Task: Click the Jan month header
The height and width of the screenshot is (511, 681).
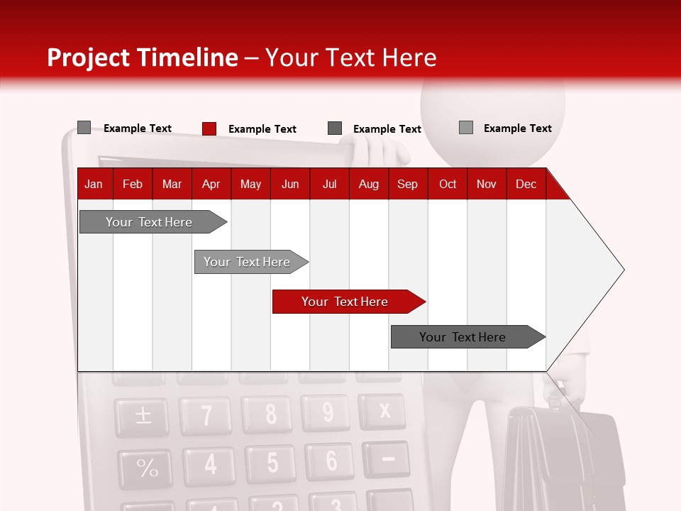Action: [94, 184]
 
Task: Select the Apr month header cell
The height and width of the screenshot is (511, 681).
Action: [211, 184]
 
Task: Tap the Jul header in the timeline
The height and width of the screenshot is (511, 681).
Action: [329, 184]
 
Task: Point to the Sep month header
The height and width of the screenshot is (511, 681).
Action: [407, 184]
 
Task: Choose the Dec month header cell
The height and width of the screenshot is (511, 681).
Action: [526, 184]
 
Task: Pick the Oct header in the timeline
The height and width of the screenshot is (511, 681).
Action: [448, 184]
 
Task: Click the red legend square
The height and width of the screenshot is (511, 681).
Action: [209, 128]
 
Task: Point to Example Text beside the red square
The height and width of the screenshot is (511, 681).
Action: [262, 129]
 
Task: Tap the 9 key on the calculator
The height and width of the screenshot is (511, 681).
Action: [327, 412]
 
